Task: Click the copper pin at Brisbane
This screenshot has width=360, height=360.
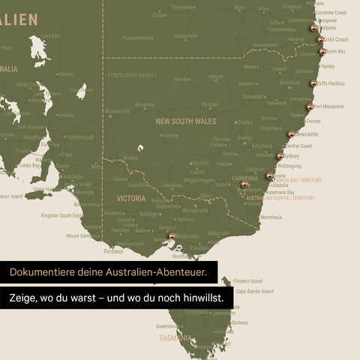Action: tap(313, 28)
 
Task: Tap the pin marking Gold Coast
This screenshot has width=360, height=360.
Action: tap(321, 39)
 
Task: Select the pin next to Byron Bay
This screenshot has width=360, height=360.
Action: tap(322, 52)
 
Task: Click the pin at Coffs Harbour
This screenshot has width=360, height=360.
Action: tap(313, 83)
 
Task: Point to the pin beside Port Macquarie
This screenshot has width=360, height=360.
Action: tap(310, 107)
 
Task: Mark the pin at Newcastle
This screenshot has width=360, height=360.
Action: tap(291, 134)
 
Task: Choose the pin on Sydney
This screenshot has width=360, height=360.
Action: tap(280, 156)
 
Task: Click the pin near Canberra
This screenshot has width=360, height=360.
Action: tap(244, 184)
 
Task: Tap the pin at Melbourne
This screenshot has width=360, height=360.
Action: tap(172, 235)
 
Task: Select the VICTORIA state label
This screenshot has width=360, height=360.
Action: tap(131, 199)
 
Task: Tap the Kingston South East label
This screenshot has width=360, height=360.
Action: tap(61, 216)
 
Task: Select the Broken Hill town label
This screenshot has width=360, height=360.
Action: tap(117, 111)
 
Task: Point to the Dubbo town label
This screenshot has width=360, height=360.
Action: tap(245, 122)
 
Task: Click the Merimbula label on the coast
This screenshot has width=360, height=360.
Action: tap(270, 217)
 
